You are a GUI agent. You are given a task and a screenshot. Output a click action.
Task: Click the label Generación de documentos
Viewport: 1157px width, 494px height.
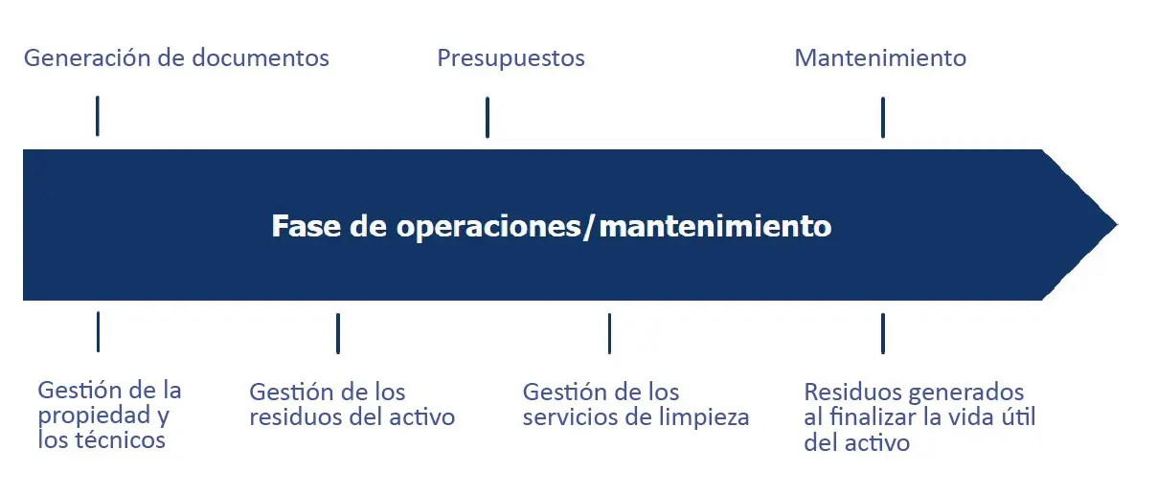point(176,57)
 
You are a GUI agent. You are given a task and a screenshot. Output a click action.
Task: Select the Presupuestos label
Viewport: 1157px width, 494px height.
point(510,58)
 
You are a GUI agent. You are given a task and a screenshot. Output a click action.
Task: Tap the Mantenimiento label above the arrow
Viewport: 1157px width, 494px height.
point(880,57)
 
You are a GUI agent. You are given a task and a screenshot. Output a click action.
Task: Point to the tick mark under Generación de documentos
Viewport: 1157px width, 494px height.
point(98,116)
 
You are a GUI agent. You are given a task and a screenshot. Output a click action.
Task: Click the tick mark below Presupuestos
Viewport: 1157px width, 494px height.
point(488,118)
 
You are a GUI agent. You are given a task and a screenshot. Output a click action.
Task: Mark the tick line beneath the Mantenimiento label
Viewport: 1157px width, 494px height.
point(883,118)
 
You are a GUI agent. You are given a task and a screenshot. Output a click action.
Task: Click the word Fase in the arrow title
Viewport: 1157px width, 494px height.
point(306,226)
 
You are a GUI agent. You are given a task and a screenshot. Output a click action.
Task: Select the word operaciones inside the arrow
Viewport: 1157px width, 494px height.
point(488,227)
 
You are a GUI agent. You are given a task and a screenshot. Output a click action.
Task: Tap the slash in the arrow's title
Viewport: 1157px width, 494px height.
point(589,227)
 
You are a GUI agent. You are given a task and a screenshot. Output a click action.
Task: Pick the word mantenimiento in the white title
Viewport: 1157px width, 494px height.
point(715,226)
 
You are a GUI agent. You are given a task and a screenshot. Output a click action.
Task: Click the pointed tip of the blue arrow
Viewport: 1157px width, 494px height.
point(1117,225)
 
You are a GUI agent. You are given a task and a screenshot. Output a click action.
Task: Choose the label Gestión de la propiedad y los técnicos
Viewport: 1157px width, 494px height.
point(109,415)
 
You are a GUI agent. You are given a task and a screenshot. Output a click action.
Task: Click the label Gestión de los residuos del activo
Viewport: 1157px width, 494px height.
point(352,405)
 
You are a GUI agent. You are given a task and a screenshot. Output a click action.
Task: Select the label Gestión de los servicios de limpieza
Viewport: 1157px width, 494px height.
point(636,405)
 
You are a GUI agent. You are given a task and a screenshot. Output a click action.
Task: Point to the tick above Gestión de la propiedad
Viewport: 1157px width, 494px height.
point(98,332)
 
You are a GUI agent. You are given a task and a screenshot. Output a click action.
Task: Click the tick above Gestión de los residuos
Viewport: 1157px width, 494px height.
point(338,333)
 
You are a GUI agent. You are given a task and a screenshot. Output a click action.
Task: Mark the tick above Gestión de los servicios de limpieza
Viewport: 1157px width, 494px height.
point(609,333)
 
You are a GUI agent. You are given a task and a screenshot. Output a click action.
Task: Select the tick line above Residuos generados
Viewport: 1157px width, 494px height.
point(883,333)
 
